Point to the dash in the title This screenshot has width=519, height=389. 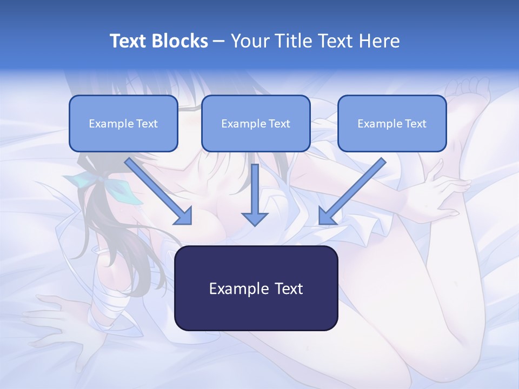pos(219,42)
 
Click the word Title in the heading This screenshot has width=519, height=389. pos(291,41)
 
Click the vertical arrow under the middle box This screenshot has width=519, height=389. pos(255,194)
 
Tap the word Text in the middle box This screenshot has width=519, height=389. pos(279,124)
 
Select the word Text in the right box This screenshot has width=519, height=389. pos(415,124)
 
